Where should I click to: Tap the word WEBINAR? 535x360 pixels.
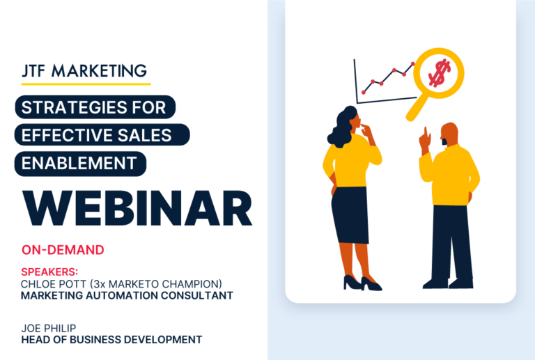136,207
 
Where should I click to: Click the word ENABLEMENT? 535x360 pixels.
79,163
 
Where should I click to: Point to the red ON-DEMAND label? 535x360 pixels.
63,249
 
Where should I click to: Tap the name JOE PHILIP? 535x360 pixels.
49,328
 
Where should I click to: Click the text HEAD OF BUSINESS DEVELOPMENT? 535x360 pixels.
111,340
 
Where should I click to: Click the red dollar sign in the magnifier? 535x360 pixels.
438,72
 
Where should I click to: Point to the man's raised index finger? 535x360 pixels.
425,132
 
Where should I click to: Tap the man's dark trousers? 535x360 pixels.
450,240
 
